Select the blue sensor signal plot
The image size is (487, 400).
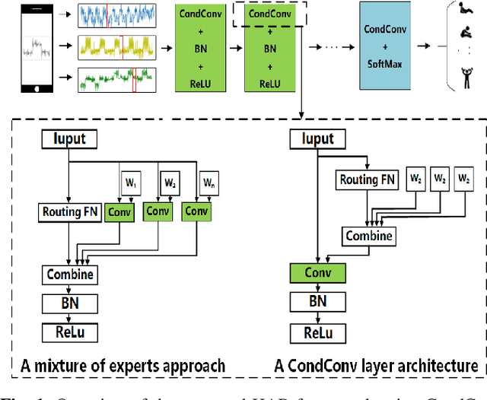click(116, 15)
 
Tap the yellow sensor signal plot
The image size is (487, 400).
click(116, 46)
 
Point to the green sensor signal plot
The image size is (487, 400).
click(116, 79)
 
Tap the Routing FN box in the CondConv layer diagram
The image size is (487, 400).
click(368, 180)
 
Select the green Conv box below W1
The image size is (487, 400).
click(119, 211)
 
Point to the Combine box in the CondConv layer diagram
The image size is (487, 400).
click(368, 236)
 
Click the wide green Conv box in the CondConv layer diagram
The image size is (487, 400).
click(317, 273)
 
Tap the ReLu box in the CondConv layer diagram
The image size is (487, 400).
click(317, 332)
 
